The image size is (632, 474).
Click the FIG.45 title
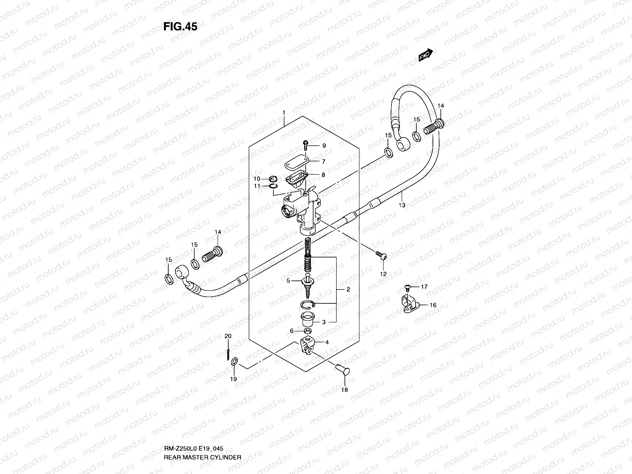coord(180,26)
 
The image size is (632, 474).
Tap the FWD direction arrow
coord(426,55)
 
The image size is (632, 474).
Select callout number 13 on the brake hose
coord(402,205)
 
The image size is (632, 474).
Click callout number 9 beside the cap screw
coord(324,146)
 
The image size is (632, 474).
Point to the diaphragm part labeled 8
coord(297,177)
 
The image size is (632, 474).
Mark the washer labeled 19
coord(234,361)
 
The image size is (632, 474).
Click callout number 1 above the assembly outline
coord(284,113)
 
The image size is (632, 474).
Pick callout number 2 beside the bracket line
coord(348,290)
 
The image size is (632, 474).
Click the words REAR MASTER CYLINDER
coord(203,457)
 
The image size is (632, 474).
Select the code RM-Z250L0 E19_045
coord(194,449)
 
